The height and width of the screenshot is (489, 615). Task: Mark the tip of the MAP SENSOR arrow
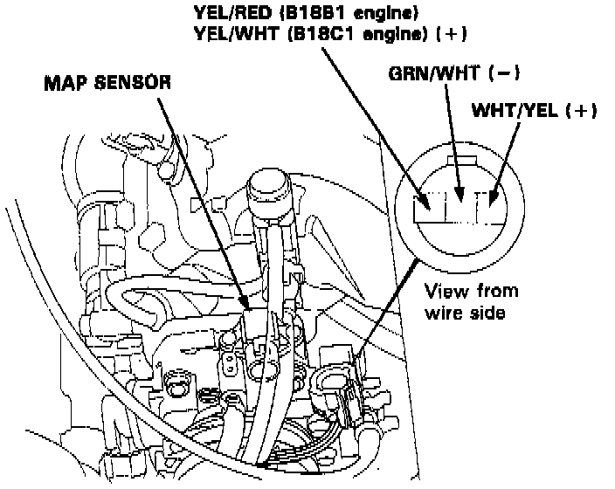248,307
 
